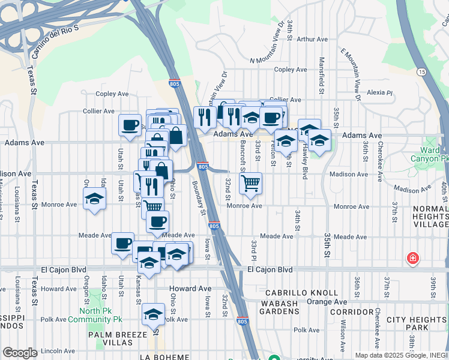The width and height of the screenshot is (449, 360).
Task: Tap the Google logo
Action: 20,353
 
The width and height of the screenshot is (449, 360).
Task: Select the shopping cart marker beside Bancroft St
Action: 250,184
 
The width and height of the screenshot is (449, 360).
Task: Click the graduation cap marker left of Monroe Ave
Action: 94,199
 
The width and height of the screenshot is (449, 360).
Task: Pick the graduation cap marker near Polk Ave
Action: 154,314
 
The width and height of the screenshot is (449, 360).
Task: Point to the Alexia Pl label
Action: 379,93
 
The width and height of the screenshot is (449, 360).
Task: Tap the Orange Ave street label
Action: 327,302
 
